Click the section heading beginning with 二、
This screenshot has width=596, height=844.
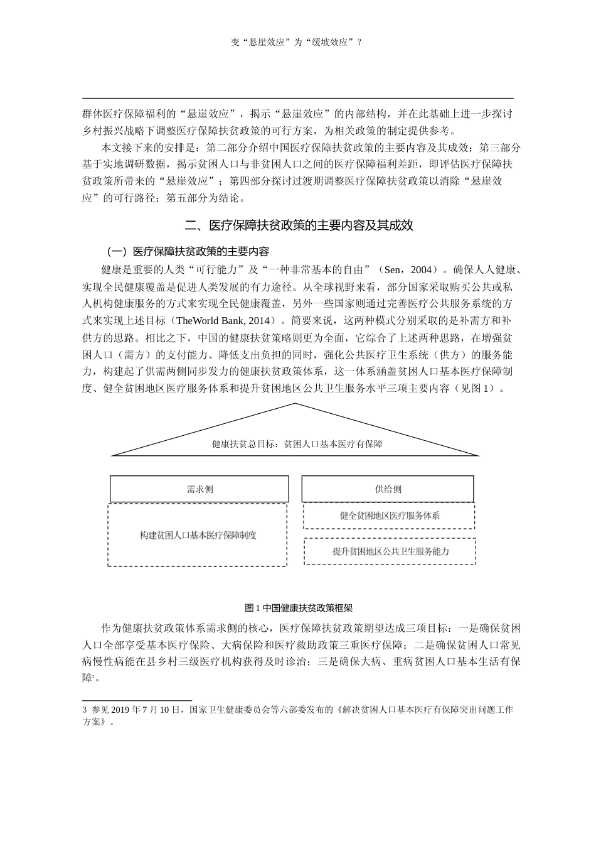[x=299, y=225]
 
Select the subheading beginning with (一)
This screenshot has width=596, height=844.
[x=188, y=252]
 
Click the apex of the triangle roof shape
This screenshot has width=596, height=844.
[x=295, y=404]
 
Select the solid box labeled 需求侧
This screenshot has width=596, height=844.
[x=200, y=489]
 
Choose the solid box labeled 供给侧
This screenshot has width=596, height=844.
[x=388, y=489]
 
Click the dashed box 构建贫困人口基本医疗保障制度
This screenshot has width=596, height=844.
[x=198, y=536]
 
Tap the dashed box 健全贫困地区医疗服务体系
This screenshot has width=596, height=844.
[x=389, y=516]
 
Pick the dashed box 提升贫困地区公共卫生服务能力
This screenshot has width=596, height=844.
[x=390, y=551]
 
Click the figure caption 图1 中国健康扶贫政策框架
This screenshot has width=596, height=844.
[x=298, y=609]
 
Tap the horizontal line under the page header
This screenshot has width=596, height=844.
[x=298, y=99]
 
